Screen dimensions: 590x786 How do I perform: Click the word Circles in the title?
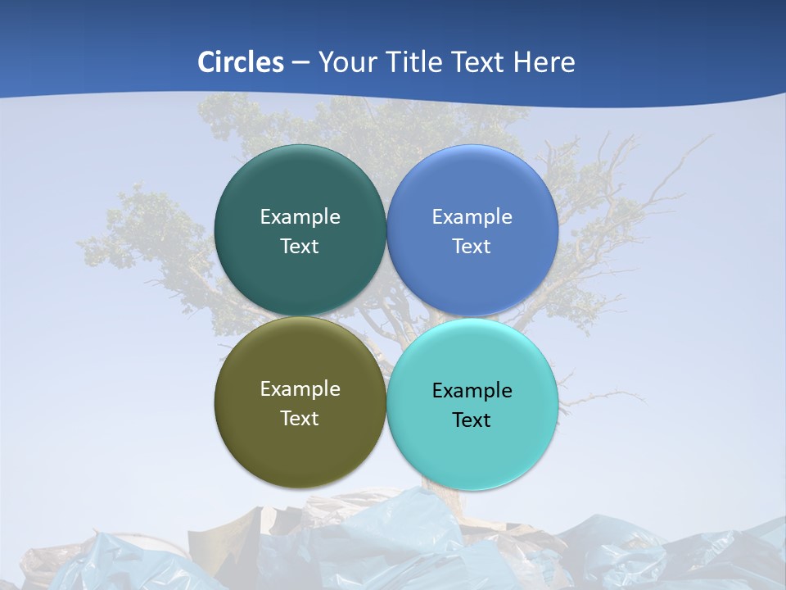tap(241, 62)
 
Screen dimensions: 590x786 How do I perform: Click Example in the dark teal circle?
tap(300, 217)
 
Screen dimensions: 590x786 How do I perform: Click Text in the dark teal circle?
tap(300, 247)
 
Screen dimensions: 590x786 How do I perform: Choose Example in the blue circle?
tap(472, 217)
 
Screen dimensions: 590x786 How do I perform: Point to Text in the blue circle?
tap(472, 247)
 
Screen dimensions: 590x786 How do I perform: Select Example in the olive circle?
tap(300, 389)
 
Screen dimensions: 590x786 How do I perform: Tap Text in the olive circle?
tap(300, 419)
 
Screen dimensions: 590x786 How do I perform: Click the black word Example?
tap(472, 391)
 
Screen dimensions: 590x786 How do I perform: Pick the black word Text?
tap(472, 420)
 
